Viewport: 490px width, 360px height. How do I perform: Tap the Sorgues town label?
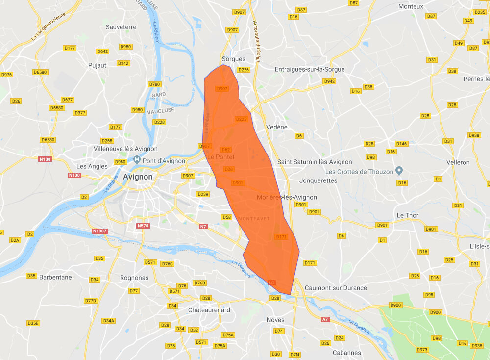[x=233, y=59]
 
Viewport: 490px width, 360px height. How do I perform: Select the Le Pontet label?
[x=220, y=157]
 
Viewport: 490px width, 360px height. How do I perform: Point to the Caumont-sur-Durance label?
[x=336, y=288]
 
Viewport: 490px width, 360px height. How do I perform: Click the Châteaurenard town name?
[x=209, y=310]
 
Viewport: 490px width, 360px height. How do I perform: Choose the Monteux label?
[x=411, y=6]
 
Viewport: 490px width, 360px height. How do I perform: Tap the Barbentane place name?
[x=55, y=277]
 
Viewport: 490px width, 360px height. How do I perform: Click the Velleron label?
[x=458, y=162]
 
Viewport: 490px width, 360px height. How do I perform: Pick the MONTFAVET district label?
[x=254, y=218]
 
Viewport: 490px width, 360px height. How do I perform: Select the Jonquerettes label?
[x=318, y=180]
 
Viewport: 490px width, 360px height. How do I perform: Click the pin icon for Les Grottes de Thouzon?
[x=399, y=171]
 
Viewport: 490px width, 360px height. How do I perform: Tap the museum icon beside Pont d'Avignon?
[x=137, y=160]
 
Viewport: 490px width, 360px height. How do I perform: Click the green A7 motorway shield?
[x=325, y=319]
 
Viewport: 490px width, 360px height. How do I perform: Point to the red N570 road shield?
[x=143, y=226]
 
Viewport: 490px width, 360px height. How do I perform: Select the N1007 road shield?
[x=99, y=231]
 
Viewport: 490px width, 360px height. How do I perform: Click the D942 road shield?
[x=329, y=81]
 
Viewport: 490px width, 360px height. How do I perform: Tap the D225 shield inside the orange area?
[x=242, y=119]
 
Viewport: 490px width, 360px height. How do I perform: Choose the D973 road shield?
[x=421, y=350]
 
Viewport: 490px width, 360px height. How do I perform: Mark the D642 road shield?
[x=102, y=51]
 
